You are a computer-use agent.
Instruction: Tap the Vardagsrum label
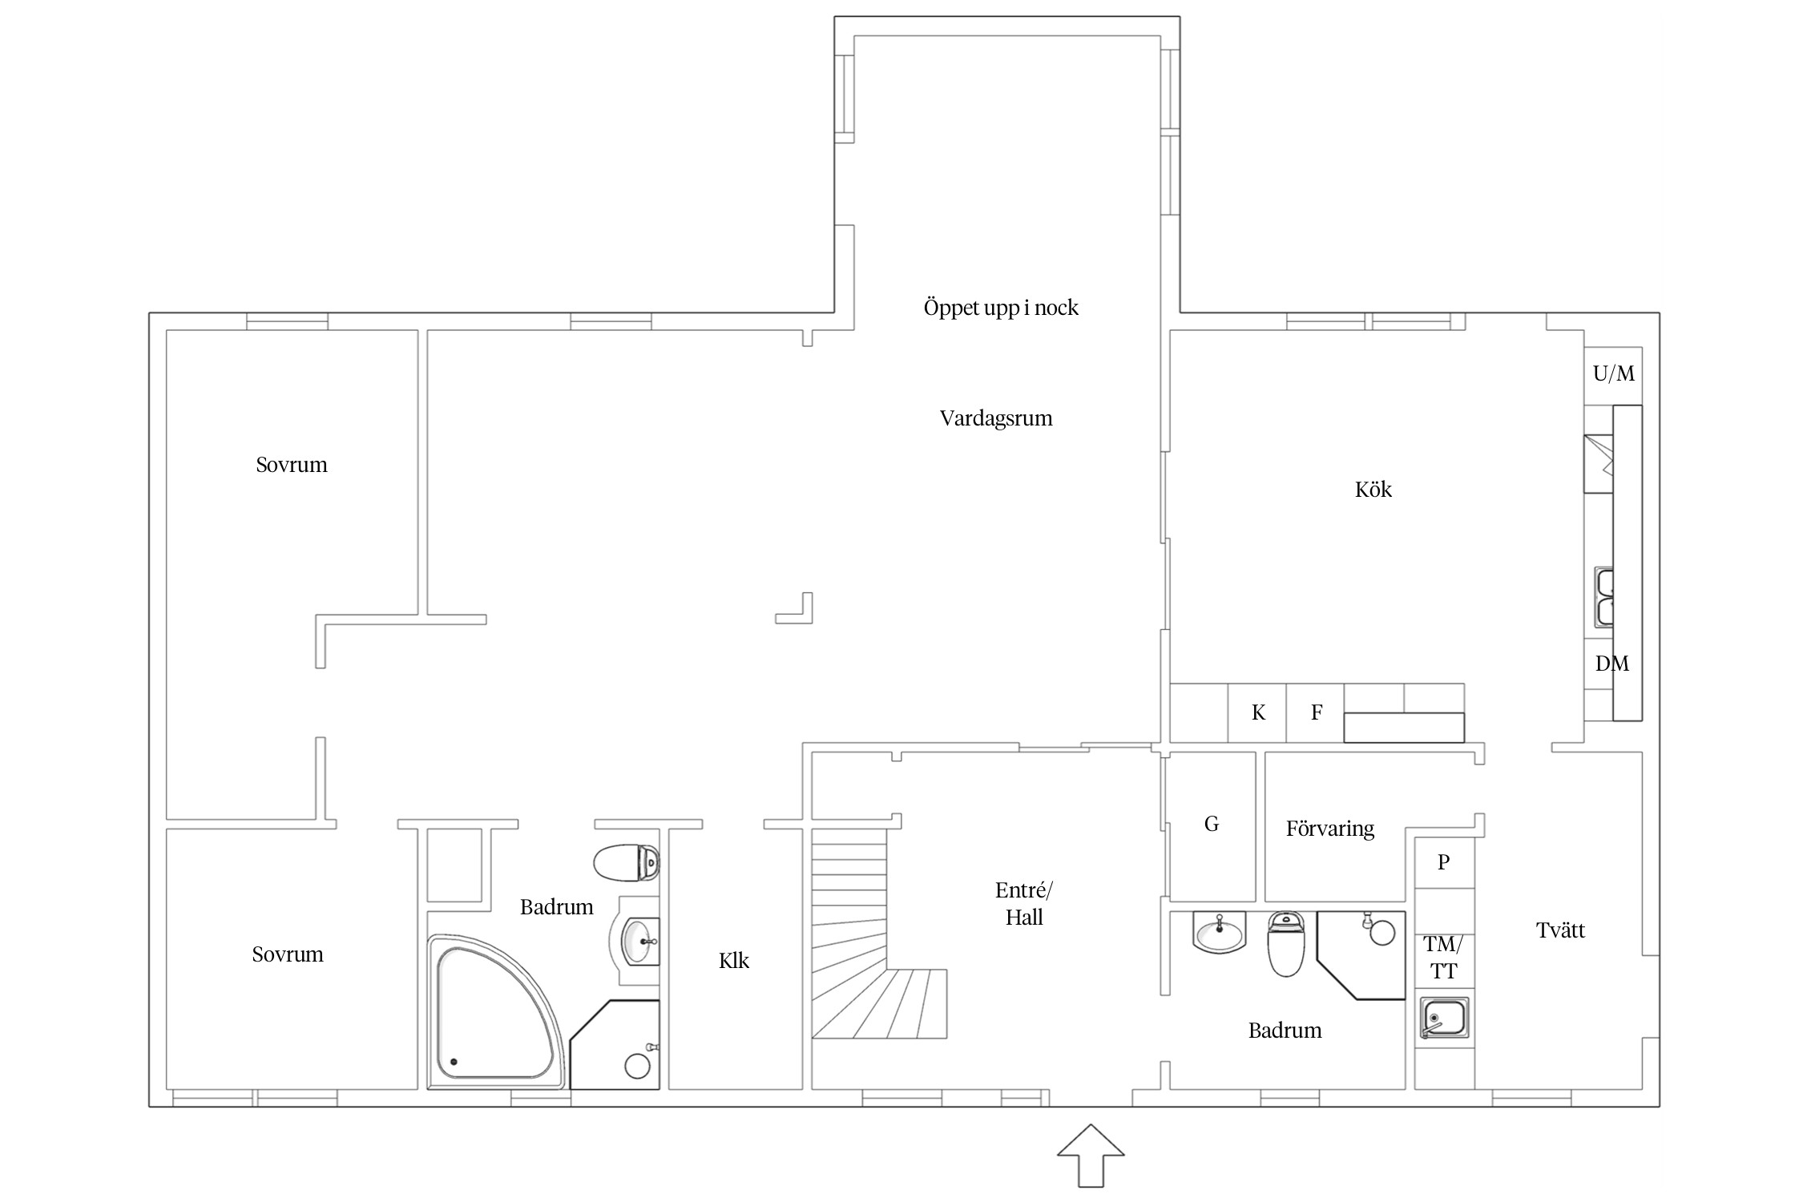coord(996,418)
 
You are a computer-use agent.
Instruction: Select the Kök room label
coord(1373,490)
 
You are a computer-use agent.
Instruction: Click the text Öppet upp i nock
coord(1001,308)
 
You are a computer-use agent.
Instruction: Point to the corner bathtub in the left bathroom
coord(498,1011)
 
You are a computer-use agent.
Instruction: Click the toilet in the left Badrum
coord(627,862)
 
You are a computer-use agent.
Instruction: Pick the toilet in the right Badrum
coord(1286,943)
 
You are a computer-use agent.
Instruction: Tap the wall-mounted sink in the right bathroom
coord(1219,933)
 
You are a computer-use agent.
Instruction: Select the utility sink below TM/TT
coord(1444,1018)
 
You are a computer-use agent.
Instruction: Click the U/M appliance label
coord(1614,373)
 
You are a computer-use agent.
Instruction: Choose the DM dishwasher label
coord(1612,664)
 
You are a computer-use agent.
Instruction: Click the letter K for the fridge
coord(1258,712)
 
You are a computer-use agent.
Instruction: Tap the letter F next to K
coord(1317,712)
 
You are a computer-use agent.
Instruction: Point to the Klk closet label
coord(734,960)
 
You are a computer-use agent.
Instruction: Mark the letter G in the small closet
coord(1212,824)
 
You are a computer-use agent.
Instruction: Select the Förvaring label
coord(1330,829)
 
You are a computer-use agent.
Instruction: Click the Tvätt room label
coord(1560,930)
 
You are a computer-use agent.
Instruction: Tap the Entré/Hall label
coord(1024,903)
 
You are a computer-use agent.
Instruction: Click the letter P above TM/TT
coord(1444,862)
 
